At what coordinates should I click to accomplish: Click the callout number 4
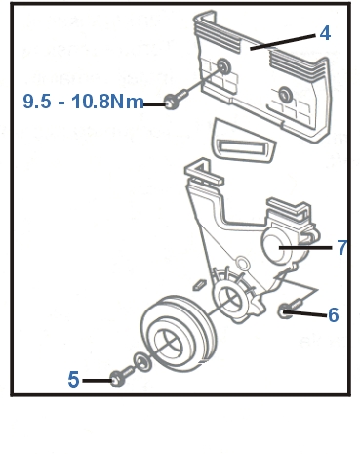click(325, 33)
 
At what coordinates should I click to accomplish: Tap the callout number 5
click(73, 379)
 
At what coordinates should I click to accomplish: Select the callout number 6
click(334, 315)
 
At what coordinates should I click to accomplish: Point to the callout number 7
click(342, 247)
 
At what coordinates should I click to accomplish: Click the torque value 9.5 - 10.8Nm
click(83, 101)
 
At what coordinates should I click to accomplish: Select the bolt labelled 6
click(291, 309)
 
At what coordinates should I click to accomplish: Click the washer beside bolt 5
click(142, 362)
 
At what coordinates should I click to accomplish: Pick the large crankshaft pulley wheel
click(179, 334)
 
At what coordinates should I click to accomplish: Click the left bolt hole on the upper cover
click(223, 66)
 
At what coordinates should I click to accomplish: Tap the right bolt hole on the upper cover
click(286, 95)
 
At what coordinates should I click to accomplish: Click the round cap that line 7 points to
click(276, 245)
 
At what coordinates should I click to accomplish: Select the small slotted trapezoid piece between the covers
click(243, 142)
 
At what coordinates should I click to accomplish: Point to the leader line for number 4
click(283, 42)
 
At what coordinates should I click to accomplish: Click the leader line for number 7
click(305, 248)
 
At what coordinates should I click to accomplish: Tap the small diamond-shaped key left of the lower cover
click(199, 284)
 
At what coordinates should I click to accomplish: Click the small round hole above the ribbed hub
click(243, 263)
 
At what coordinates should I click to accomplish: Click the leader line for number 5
click(98, 380)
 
